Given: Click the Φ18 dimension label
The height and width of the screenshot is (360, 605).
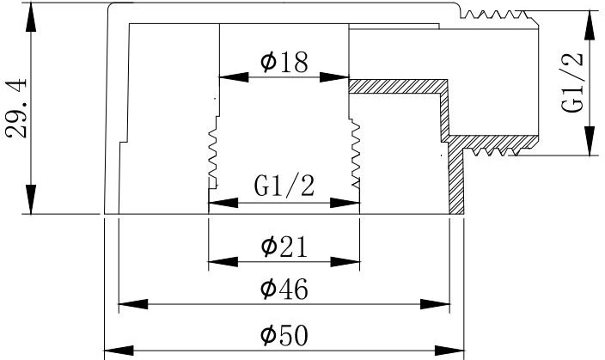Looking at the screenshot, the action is pos(284,62).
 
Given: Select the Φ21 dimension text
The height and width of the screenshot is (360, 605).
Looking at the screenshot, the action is pos(284,247).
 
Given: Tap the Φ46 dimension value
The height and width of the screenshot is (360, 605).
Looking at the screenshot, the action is pos(284,289).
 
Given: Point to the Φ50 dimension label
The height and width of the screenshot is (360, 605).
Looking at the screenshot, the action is pos(284,335).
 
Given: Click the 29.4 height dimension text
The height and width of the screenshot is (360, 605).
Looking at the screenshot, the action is pos(16,108).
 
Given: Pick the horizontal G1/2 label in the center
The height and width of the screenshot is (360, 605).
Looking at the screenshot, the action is pos(284,186).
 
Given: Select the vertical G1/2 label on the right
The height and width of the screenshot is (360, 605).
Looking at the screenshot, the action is pos(572,82).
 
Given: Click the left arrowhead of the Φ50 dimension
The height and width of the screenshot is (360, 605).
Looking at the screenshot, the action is pos(119,351).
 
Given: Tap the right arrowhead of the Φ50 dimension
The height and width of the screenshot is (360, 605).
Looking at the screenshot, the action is pos(449,351).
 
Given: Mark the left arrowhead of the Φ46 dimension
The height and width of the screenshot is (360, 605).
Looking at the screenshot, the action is pos(133,304).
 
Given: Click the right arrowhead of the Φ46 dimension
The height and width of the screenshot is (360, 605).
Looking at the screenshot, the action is pos(435,304).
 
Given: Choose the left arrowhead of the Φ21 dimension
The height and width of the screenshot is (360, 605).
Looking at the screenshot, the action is pos(223,262).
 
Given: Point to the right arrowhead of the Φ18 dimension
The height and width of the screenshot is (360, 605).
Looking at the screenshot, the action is pos(334,77).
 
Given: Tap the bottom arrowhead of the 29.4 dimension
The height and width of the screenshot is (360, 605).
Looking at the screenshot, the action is pos(31,199).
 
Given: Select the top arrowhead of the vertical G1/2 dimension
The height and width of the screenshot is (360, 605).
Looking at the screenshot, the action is pos(589,26).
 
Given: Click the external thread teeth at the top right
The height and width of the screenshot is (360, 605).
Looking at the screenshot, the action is pos(495,15).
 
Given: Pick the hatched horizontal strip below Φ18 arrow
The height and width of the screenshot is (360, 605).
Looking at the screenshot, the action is pos(398,86).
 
